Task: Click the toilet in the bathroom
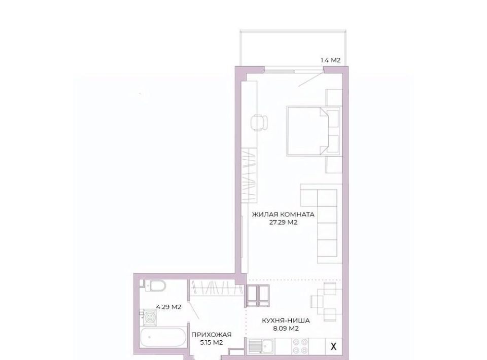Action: coord(153,285)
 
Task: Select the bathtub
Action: coord(163,338)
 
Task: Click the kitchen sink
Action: coord(261,346)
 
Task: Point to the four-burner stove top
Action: coord(300,346)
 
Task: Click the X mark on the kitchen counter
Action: coord(334,346)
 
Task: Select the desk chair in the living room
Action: coord(260,123)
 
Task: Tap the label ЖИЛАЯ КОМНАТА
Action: coord(283,214)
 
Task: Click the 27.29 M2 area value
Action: coord(283,222)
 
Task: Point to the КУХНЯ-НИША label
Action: coord(286,321)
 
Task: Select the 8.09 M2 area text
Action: coord(286,329)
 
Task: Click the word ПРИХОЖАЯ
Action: coord(212,335)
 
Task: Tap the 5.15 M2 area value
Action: coord(212,343)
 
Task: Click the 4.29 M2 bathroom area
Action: coord(168,307)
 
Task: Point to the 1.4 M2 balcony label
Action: coord(330,60)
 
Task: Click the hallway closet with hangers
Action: coord(217,289)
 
